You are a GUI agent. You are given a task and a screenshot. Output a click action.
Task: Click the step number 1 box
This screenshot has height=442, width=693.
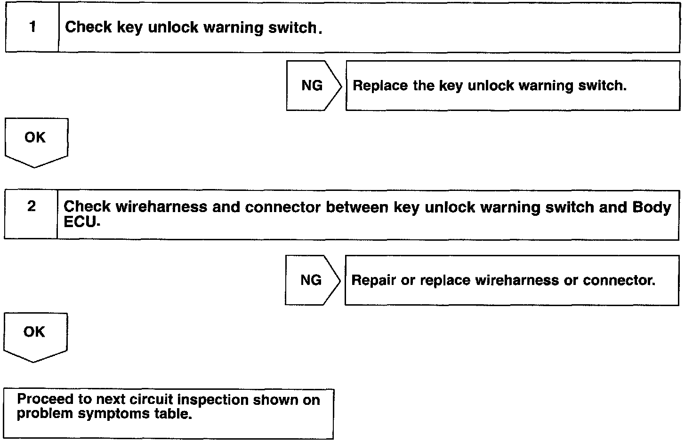coord(32,27)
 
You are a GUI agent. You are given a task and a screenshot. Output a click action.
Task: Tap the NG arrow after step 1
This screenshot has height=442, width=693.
coord(313,86)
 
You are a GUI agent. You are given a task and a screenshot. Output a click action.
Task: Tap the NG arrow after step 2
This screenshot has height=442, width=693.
coord(312,280)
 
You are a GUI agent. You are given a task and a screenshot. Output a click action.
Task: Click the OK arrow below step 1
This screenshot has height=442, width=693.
coord(36,140)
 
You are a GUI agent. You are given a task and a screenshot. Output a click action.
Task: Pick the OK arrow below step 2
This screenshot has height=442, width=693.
coord(35,335)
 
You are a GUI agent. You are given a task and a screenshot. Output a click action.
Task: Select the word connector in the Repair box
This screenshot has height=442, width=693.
coord(618,280)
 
